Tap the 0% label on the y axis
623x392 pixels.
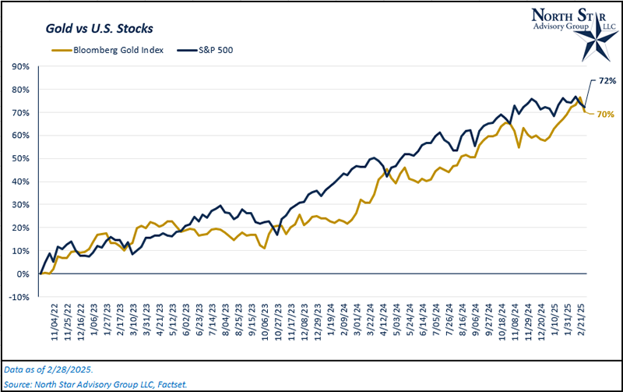[x=24, y=274]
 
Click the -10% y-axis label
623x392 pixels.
[x=20, y=297]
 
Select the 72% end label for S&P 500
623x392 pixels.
[x=607, y=80]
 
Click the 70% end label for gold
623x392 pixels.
[x=606, y=115]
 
